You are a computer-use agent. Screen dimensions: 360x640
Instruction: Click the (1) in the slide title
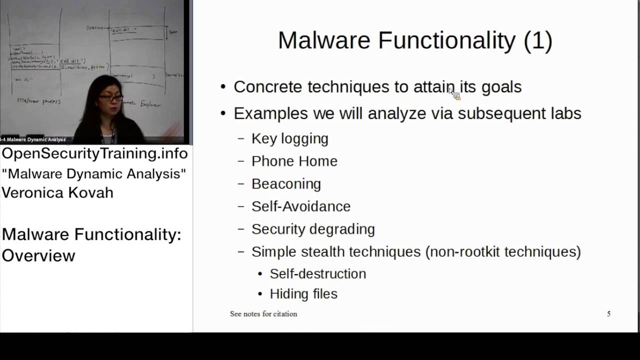pyautogui.click(x=538, y=41)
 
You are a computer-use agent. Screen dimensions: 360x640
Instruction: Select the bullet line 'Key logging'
pyautogui.click(x=290, y=138)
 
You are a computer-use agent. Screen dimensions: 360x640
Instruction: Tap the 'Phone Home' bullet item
pyautogui.click(x=294, y=161)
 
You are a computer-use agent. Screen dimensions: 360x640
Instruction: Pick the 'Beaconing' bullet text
pyautogui.click(x=286, y=183)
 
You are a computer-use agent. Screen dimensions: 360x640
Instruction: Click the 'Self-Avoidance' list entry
pyautogui.click(x=301, y=206)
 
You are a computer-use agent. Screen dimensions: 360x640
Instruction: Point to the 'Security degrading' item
pyautogui.click(x=313, y=229)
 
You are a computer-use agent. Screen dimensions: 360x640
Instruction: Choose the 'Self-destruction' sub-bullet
pyautogui.click(x=318, y=273)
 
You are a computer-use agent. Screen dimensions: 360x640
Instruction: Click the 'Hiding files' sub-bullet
pyautogui.click(x=303, y=293)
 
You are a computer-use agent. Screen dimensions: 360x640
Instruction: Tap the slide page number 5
pyautogui.click(x=608, y=314)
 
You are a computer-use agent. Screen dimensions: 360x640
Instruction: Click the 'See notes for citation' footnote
pyautogui.click(x=263, y=314)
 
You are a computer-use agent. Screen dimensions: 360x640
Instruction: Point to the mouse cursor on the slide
pyautogui.click(x=453, y=92)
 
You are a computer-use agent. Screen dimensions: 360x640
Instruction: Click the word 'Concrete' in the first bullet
pyautogui.click(x=268, y=87)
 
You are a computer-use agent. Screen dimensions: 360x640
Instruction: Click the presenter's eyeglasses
pyautogui.click(x=110, y=98)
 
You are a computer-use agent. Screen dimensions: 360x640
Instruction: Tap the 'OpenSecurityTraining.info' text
pyautogui.click(x=95, y=153)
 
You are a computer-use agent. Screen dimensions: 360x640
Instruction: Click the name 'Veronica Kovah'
pyautogui.click(x=57, y=192)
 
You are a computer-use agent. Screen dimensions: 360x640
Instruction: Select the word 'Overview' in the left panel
pyautogui.click(x=38, y=255)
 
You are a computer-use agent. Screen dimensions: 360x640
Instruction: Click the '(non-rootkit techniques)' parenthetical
pyautogui.click(x=503, y=251)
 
